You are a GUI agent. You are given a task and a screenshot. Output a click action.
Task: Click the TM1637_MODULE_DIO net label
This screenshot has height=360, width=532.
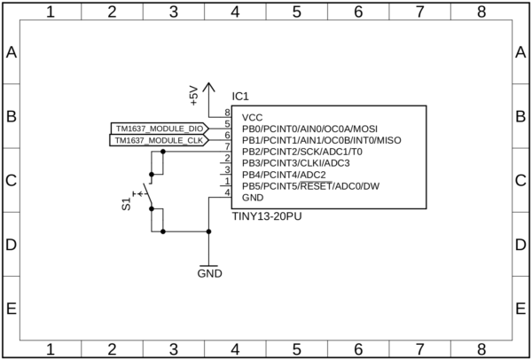(159, 129)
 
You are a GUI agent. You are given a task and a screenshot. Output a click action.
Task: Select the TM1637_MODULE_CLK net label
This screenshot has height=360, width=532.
(159, 140)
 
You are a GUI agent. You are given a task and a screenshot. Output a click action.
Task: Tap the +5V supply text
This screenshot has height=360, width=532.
(194, 96)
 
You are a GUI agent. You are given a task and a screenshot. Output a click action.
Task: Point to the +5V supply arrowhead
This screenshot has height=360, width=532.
(209, 86)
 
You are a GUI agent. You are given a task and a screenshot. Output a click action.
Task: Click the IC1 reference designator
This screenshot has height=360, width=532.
(241, 97)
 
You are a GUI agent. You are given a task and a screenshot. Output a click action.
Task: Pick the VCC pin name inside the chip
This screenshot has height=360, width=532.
(253, 117)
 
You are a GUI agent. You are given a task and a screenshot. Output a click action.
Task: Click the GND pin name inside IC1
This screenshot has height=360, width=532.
(253, 198)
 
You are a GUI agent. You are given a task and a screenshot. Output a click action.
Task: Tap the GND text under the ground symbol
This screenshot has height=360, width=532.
(209, 274)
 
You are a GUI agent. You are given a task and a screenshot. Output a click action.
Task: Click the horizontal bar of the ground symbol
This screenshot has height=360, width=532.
(209, 265)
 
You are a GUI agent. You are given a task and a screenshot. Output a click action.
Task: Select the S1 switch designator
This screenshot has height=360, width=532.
(126, 205)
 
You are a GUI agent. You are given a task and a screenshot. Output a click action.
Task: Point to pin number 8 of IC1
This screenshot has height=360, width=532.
(227, 113)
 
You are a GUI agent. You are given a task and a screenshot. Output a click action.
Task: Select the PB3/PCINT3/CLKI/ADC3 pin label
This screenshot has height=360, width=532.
(296, 163)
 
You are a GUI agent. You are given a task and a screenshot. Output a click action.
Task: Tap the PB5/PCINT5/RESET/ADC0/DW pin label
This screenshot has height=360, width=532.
(310, 186)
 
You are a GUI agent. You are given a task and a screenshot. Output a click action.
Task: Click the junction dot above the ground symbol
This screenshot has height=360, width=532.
(209, 232)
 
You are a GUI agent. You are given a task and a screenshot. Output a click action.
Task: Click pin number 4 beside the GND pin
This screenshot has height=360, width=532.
(227, 192)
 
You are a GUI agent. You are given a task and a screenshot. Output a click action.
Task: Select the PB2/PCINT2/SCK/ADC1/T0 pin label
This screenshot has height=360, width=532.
(301, 152)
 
